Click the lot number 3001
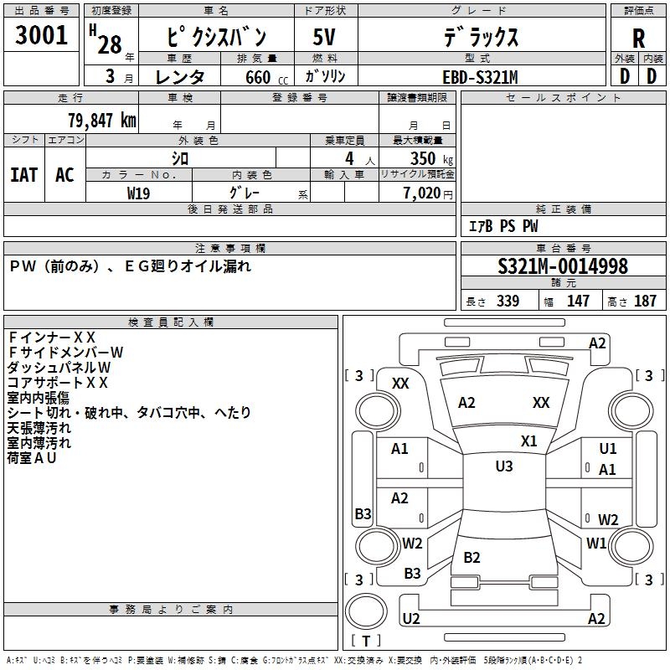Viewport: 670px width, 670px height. click(x=42, y=36)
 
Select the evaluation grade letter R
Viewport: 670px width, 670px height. click(x=639, y=39)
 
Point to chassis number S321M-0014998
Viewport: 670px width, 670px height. click(x=562, y=267)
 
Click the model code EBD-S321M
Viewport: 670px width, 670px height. click(x=480, y=77)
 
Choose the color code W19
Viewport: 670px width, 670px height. click(x=139, y=193)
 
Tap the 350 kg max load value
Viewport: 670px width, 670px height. click(x=428, y=158)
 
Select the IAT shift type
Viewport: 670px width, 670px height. click(x=23, y=174)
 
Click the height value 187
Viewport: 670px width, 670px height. click(x=645, y=301)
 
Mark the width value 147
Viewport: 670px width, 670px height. click(x=578, y=301)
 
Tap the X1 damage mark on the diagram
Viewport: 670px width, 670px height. click(x=528, y=441)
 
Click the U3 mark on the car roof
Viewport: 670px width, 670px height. click(x=503, y=466)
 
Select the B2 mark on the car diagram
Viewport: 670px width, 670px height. click(x=472, y=558)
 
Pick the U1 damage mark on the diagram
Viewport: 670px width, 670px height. click(x=608, y=449)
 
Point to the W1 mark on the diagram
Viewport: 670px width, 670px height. click(x=596, y=544)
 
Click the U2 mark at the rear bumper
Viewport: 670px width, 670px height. click(x=411, y=619)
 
